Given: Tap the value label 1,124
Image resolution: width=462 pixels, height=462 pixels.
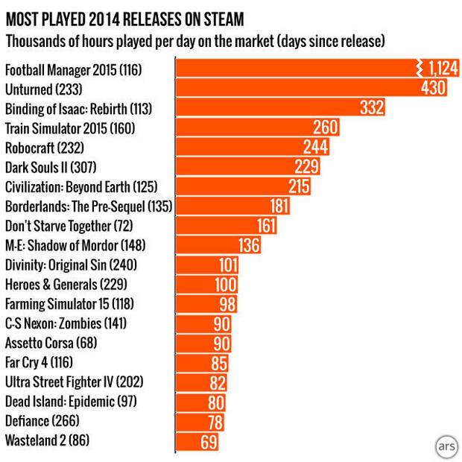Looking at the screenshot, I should (441, 69).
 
